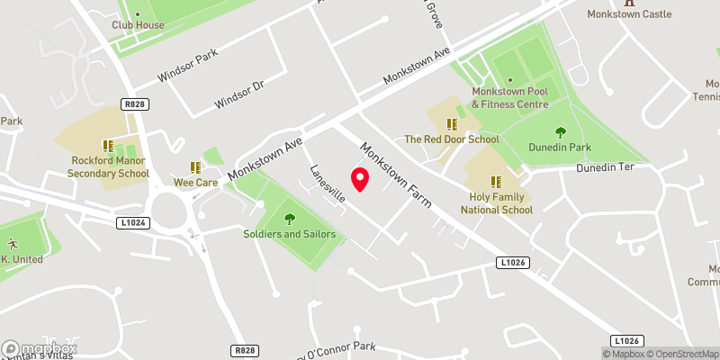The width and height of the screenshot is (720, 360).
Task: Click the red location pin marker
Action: pos(360,179)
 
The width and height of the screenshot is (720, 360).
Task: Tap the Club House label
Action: pos(138,25)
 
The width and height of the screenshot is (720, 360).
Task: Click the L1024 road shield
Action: pos(131,221)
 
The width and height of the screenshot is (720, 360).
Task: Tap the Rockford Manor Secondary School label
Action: pos(110,167)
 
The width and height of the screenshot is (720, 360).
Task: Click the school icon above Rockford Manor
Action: pos(108,146)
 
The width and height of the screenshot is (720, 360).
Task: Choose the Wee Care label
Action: pos(195,182)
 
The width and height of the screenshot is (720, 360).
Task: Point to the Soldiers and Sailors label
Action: pos(289,234)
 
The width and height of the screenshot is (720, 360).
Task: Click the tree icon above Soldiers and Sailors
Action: pos(289,218)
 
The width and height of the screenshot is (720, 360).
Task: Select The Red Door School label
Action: pos(451,139)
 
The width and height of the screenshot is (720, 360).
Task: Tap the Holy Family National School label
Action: pos(497,202)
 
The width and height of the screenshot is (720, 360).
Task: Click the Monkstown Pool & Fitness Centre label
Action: pos(509,98)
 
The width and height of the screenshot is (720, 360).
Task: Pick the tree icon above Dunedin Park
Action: pos(561,131)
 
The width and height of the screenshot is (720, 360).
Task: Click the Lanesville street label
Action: pos(327,185)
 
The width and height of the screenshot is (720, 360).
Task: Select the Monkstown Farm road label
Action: pos(396,175)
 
